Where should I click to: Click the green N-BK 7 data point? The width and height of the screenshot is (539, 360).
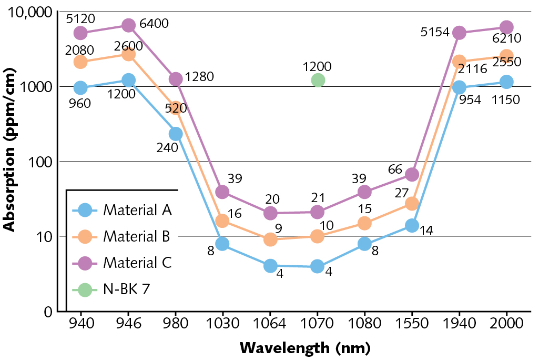click(318, 80)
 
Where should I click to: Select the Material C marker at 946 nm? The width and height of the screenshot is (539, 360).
click(128, 25)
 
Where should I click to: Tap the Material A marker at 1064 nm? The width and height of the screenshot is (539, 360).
click(270, 266)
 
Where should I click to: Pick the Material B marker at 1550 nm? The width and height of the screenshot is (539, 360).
click(412, 204)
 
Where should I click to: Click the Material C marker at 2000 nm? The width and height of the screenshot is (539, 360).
click(506, 27)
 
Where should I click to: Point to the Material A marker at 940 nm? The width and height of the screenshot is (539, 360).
click(80, 87)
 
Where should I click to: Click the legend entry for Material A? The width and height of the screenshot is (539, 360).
click(138, 210)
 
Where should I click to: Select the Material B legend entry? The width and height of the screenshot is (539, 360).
click(136, 236)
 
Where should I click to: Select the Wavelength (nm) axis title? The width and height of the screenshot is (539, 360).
click(305, 348)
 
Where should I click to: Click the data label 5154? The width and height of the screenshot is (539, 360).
click(434, 32)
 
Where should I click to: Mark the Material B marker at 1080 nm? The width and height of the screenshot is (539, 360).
click(364, 223)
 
